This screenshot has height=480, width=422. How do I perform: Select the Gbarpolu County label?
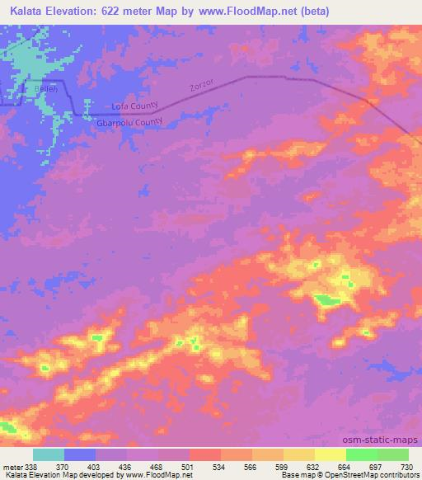[129, 122]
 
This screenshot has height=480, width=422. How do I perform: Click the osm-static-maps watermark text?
[380, 440]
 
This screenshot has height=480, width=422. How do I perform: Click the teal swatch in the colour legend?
[49, 454]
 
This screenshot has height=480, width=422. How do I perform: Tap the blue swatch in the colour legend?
[80, 454]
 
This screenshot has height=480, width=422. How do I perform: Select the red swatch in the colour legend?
[205, 454]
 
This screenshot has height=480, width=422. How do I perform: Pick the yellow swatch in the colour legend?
[299, 454]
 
